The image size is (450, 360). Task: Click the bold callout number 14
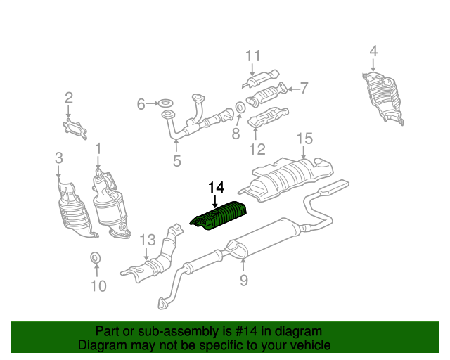(x=216, y=188)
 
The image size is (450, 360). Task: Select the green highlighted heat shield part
(x=219, y=216)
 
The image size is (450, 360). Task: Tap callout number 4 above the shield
(x=373, y=51)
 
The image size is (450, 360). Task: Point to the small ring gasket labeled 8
(x=240, y=108)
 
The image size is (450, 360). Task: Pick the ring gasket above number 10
(x=96, y=257)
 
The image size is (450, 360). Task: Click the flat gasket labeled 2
(x=75, y=129)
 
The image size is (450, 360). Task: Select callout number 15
(x=304, y=139)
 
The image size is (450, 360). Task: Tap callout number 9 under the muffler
(x=244, y=280)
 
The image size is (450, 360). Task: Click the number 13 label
(x=148, y=240)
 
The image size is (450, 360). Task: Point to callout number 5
(x=177, y=161)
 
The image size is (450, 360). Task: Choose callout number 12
(x=257, y=150)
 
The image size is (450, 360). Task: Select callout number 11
(x=253, y=56)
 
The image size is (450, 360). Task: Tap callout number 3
(x=58, y=158)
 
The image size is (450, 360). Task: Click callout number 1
(x=98, y=148)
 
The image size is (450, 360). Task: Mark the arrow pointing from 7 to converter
(x=293, y=89)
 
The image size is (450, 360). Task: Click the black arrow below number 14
(x=215, y=201)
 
